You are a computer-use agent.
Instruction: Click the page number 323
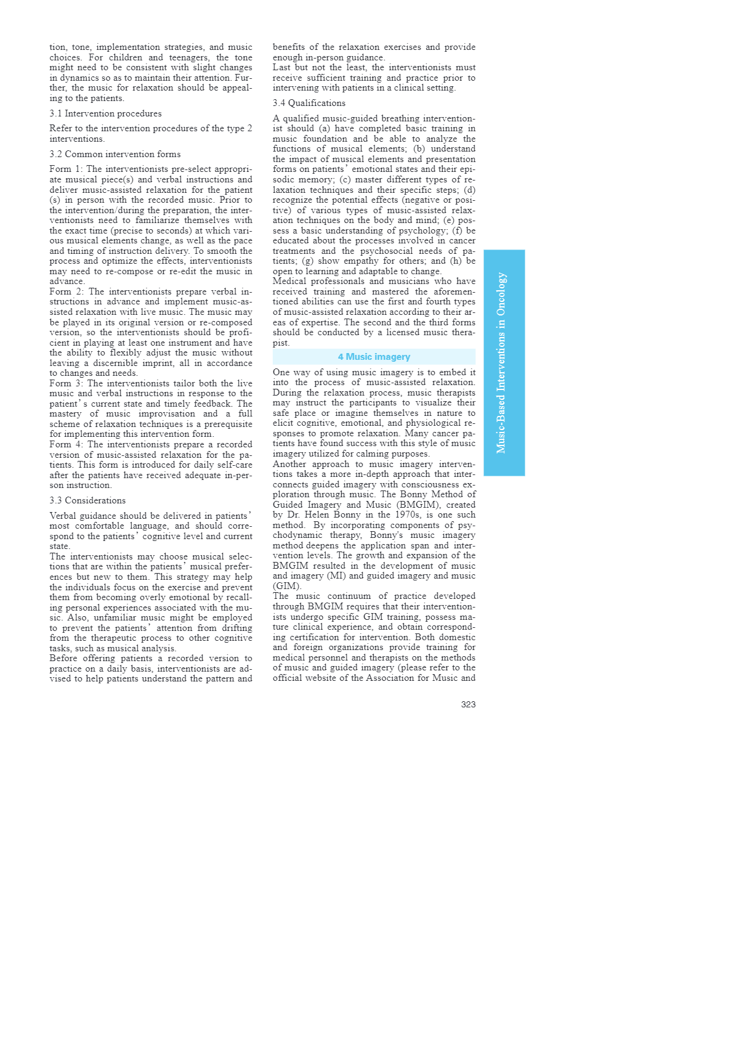(x=468, y=704)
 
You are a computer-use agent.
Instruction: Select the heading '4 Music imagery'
(x=374, y=357)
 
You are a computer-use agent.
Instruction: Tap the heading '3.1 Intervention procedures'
(x=105, y=113)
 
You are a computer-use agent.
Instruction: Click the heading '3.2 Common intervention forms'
(x=115, y=154)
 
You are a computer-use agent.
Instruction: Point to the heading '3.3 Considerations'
(x=87, y=500)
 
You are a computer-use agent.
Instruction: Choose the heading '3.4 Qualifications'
(x=309, y=103)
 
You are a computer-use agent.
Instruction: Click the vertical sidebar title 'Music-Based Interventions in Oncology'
(x=502, y=363)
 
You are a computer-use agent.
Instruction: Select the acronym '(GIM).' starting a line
(x=287, y=586)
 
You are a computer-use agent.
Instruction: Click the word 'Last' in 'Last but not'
(x=281, y=68)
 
